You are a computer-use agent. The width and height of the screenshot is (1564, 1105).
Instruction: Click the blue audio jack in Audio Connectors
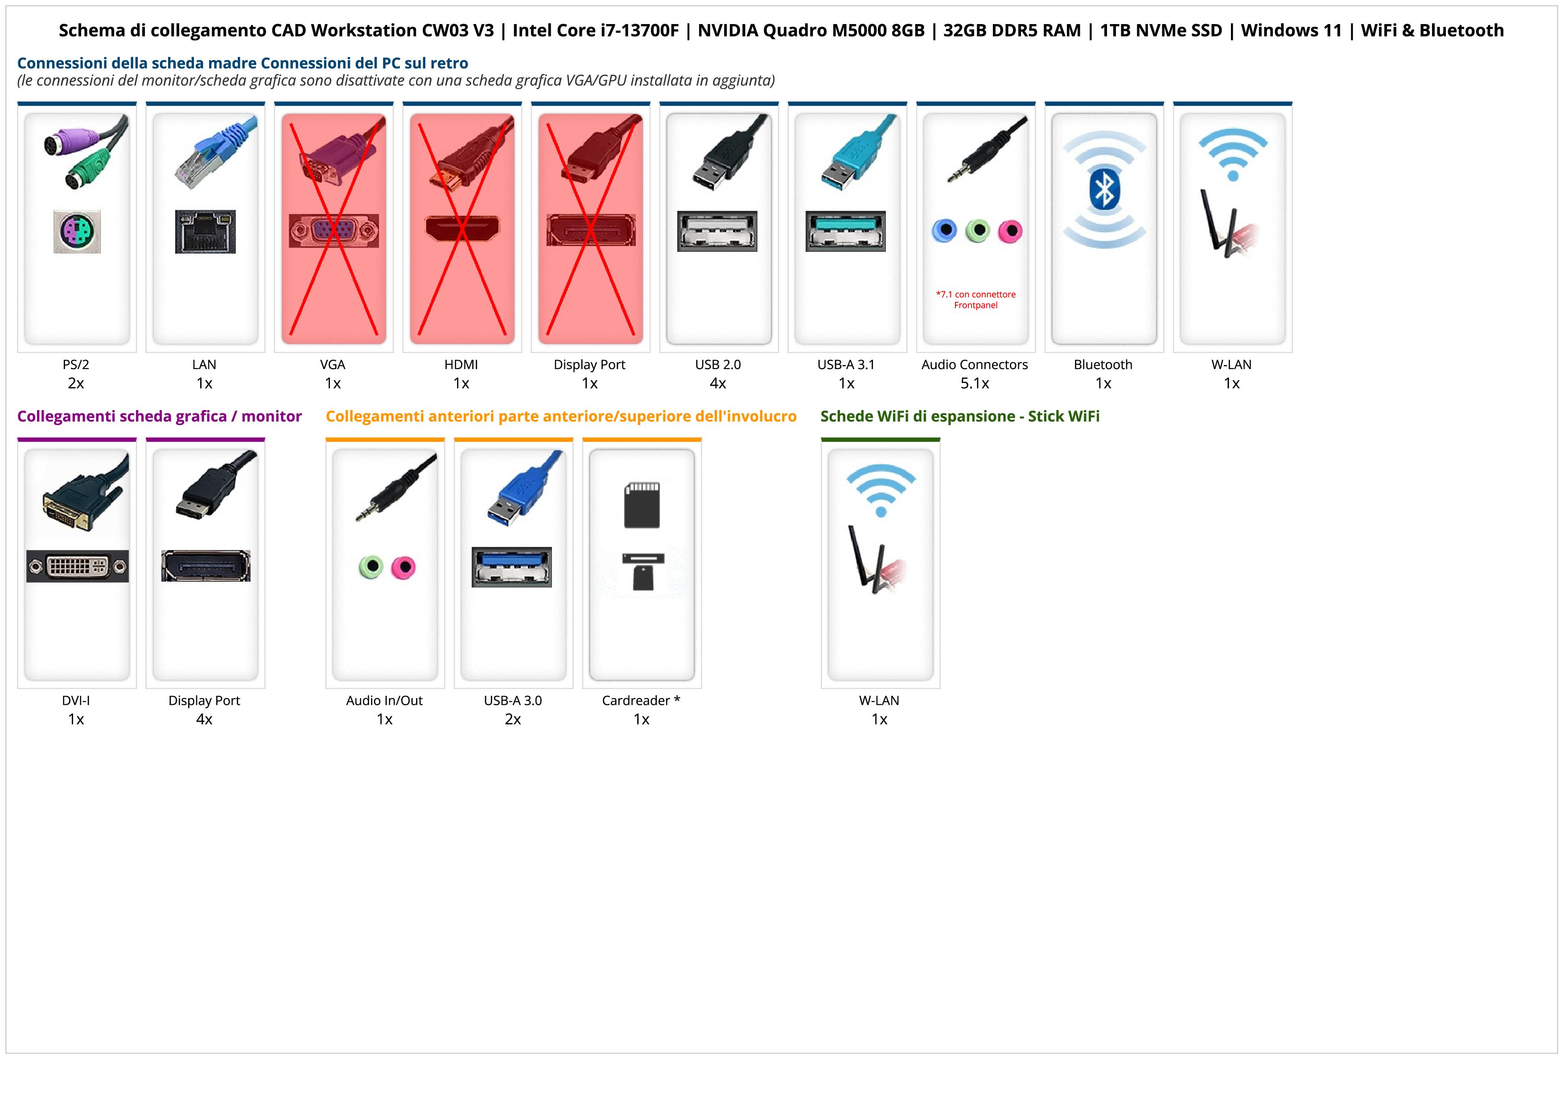coord(944,231)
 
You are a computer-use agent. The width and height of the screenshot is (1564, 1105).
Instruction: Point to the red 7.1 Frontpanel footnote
coord(975,300)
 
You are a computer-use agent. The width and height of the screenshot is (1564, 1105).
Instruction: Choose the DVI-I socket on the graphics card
coord(77,566)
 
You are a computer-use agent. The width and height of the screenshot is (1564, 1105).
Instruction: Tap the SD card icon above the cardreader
coord(642,505)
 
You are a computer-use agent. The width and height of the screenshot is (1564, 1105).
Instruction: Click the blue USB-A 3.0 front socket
coord(511,567)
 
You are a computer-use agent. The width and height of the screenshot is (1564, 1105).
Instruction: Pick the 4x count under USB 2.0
coord(718,383)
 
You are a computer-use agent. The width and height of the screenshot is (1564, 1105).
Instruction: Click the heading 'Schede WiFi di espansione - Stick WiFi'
coord(960,416)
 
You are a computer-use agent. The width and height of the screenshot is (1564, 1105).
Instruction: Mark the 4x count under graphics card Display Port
coord(204,719)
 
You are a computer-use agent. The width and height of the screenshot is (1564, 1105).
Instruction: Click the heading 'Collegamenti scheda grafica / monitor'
coord(160,416)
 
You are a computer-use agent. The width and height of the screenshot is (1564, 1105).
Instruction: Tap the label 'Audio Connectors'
coord(974,364)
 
